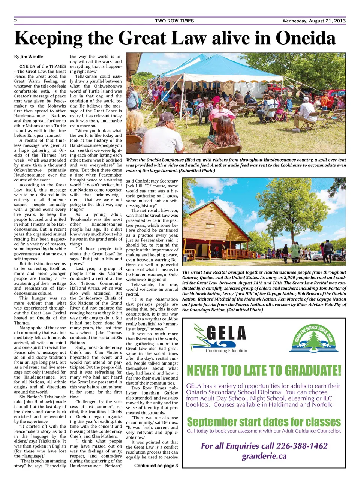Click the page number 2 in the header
(16, 21)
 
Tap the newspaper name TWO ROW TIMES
(174, 21)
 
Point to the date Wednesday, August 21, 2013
(314, 21)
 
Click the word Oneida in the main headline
(306, 38)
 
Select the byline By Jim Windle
(28, 57)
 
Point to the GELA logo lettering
(226, 333)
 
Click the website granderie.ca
(264, 456)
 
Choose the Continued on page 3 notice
(156, 466)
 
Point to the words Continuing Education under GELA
(226, 351)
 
